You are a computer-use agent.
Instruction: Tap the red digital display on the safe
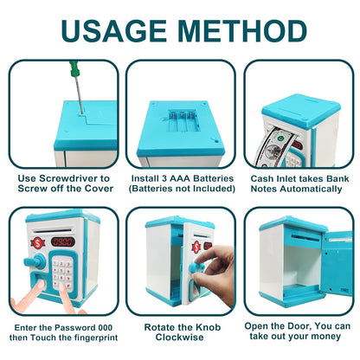tap(62, 242)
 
